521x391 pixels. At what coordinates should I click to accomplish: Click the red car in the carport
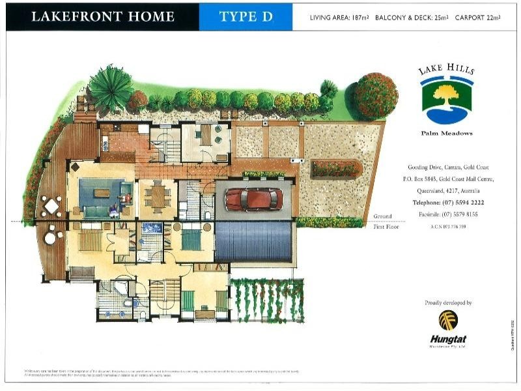point(254,198)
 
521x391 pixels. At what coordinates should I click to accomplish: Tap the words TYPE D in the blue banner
point(246,17)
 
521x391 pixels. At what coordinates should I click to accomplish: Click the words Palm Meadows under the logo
point(447,134)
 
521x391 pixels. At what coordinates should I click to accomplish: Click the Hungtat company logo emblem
point(448,320)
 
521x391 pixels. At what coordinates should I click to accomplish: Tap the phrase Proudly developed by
point(448,303)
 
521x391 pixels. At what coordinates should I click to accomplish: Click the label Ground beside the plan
point(382,216)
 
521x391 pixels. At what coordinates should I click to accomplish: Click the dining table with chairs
point(157,195)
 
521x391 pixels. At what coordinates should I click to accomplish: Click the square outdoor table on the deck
point(51,206)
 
